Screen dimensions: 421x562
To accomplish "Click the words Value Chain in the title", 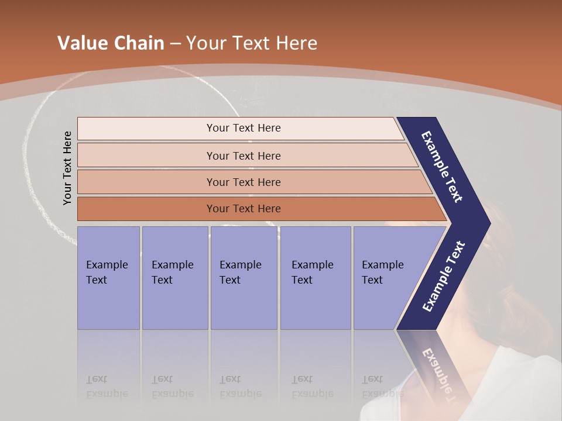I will pos(111,43).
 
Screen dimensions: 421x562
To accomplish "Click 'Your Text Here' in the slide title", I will pos(252,43).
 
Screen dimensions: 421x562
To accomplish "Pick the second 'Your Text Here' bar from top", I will pos(243,156).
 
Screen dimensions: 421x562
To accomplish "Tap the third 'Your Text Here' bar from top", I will pos(243,182).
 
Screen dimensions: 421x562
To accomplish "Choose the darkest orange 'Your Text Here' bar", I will pos(243,209).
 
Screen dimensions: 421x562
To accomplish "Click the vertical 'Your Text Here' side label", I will pos(68,168).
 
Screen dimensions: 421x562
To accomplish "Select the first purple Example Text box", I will pos(108,278).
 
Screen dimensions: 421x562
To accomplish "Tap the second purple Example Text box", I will pos(174,278).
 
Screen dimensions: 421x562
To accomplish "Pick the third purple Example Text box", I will pos(243,278).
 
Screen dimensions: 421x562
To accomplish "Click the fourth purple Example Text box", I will pos(315,278).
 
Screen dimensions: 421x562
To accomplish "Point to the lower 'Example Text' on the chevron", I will pos(444,276).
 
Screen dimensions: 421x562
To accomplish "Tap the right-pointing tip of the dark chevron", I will pos(487,223).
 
